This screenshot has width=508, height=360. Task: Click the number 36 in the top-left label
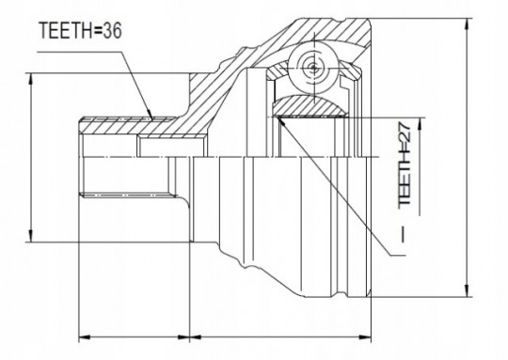113,30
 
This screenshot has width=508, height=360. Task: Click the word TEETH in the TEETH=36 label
66,30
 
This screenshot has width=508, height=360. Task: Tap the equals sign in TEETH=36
98,31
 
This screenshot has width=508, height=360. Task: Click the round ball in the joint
313,68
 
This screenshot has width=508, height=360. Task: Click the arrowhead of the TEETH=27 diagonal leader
281,120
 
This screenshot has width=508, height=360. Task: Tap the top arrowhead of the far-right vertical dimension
467,25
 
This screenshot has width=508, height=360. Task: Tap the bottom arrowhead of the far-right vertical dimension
467,290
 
